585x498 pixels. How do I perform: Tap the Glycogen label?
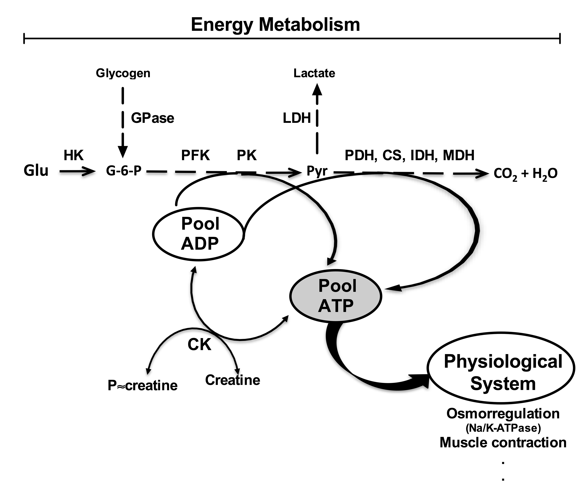(x=123, y=73)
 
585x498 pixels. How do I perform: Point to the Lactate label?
(x=314, y=73)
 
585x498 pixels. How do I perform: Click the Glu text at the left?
(x=36, y=171)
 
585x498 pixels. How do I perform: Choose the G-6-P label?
(x=124, y=171)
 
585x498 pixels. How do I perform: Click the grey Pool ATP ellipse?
(x=336, y=295)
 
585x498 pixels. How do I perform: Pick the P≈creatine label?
(x=143, y=385)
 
